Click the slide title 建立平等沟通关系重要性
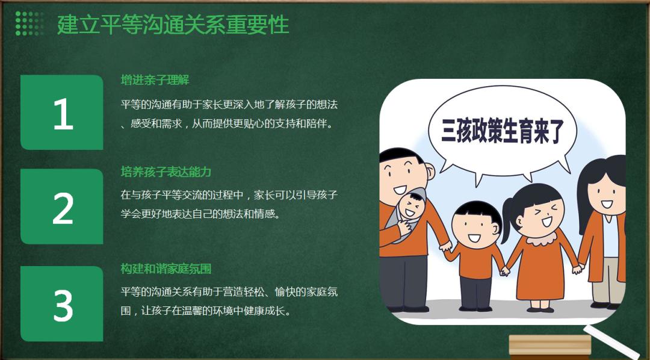click(173, 25)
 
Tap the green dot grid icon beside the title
click(29, 23)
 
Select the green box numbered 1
click(62, 113)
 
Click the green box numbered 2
click(62, 206)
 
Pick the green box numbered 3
click(62, 304)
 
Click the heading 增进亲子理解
click(155, 79)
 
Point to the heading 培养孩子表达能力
click(166, 172)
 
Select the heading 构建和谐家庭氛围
click(166, 268)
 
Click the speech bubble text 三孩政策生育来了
click(503, 131)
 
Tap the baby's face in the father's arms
click(412, 206)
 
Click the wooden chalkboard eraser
click(549, 347)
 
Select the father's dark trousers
click(403, 281)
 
